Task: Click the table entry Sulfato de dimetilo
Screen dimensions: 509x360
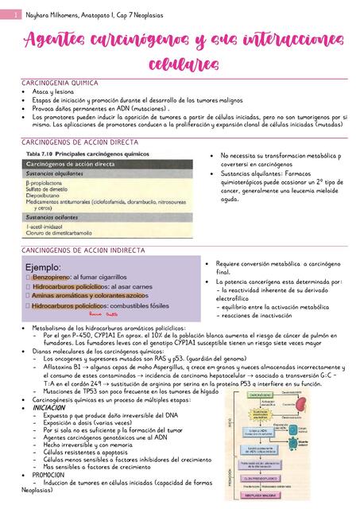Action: coord(52,188)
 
